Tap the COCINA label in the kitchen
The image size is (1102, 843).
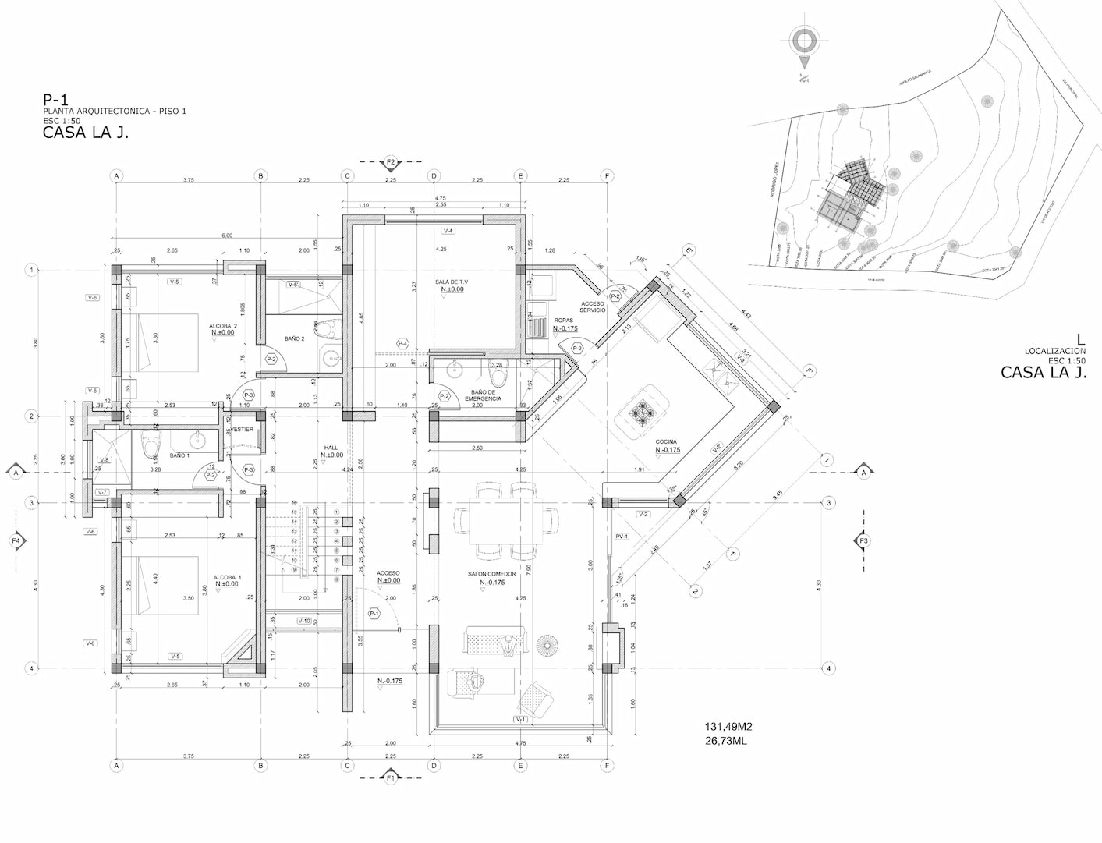(x=666, y=442)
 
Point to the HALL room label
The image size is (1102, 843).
(x=331, y=448)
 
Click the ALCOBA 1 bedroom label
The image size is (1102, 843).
(x=228, y=577)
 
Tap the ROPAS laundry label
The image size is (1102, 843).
(x=564, y=321)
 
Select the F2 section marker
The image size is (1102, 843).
(x=391, y=162)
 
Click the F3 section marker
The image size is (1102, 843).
(x=863, y=540)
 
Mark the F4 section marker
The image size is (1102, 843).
(x=16, y=540)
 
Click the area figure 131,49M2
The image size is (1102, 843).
(x=728, y=727)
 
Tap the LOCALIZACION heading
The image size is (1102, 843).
(x=1055, y=352)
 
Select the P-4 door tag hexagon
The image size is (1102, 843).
(x=402, y=344)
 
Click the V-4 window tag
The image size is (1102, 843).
(x=448, y=232)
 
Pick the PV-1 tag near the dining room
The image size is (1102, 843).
(x=622, y=537)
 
